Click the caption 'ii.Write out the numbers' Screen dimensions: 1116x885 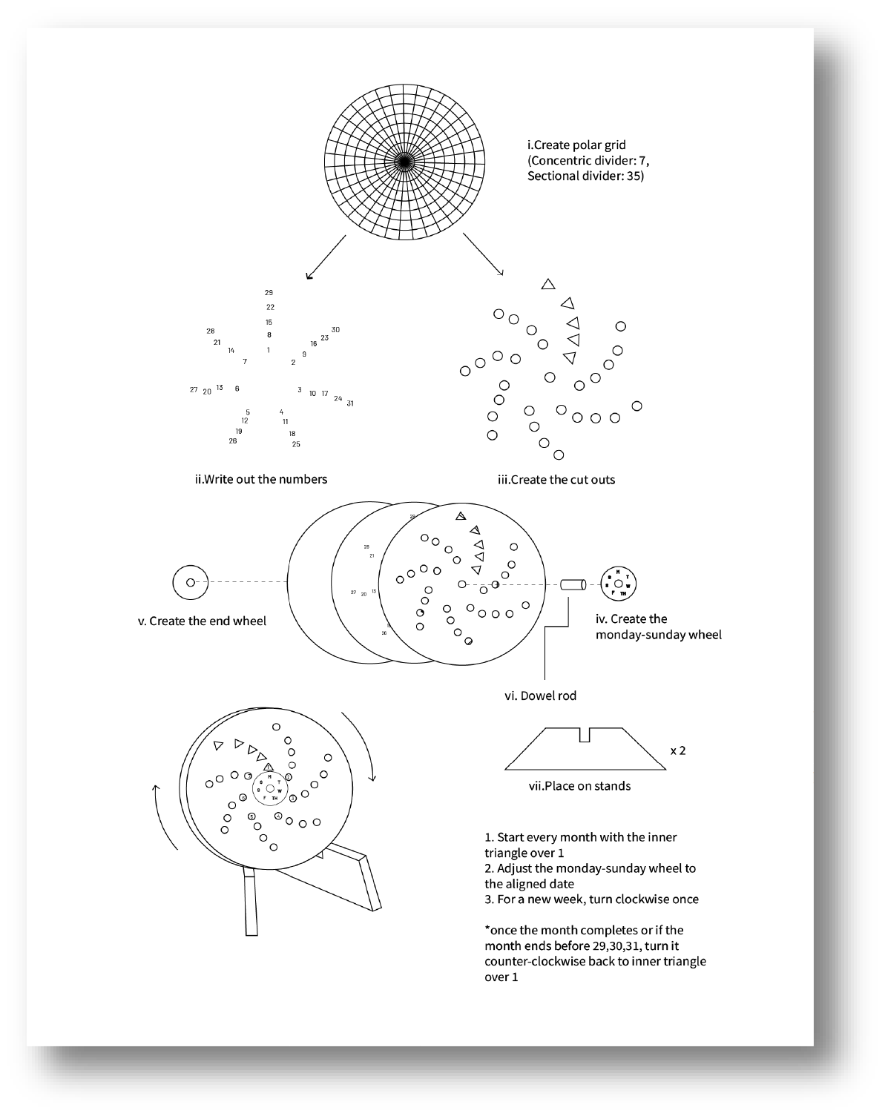pos(260,479)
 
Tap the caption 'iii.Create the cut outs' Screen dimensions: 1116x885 pos(556,480)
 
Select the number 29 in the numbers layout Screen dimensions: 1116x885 pos(269,293)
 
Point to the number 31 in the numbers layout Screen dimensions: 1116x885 pos(350,403)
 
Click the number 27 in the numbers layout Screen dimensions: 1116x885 pos(194,390)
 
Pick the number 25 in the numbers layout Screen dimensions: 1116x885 pos(296,445)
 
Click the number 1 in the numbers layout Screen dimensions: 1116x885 pos(269,350)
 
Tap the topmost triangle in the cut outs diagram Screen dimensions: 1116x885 pos(548,284)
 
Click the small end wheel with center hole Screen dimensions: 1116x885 pos(191,583)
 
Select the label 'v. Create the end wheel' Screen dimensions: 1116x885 pos(202,621)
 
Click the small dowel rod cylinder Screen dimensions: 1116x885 pos(573,585)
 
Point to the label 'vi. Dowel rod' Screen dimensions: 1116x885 pos(540,696)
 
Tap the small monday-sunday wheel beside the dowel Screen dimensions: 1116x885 pos(619,583)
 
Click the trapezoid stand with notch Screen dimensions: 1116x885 pos(585,751)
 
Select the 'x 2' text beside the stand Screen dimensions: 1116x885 pos(678,750)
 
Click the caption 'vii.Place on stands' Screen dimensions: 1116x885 pos(579,786)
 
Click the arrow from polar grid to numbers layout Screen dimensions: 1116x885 pos(326,257)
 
